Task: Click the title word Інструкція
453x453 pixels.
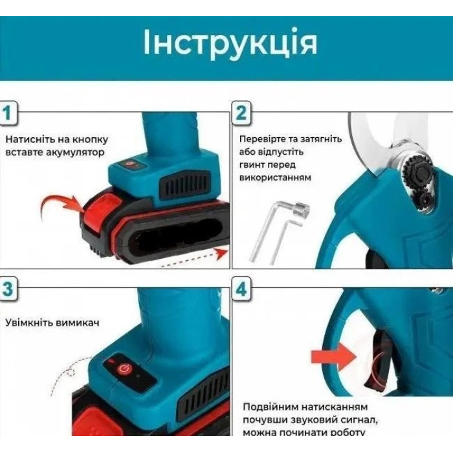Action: tap(230, 43)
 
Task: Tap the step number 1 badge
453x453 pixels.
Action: tap(8, 113)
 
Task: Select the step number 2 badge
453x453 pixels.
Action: tap(241, 113)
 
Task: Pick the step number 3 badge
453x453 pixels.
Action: tap(8, 289)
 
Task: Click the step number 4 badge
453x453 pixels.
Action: tap(241, 289)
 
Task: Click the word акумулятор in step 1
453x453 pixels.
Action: tap(75, 152)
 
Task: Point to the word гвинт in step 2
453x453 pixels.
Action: tap(251, 165)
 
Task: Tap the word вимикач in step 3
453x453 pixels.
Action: tap(78, 322)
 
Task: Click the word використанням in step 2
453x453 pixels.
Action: tap(275, 177)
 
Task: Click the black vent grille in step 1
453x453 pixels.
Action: tap(185, 182)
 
